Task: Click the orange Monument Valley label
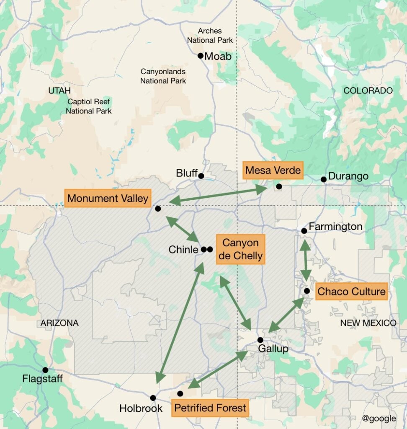108,198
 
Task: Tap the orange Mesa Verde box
273,171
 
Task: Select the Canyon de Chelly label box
240,250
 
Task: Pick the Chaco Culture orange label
351,291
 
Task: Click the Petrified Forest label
210,408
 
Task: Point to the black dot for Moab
201,56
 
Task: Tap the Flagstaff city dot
45,370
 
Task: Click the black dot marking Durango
323,179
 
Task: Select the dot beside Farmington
304,231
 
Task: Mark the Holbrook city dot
153,398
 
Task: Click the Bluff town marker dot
201,176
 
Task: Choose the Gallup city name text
273,349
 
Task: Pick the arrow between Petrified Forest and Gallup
218,370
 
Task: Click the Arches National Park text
210,36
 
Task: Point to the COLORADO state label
368,90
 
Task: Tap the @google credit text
379,418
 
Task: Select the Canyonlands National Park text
163,76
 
